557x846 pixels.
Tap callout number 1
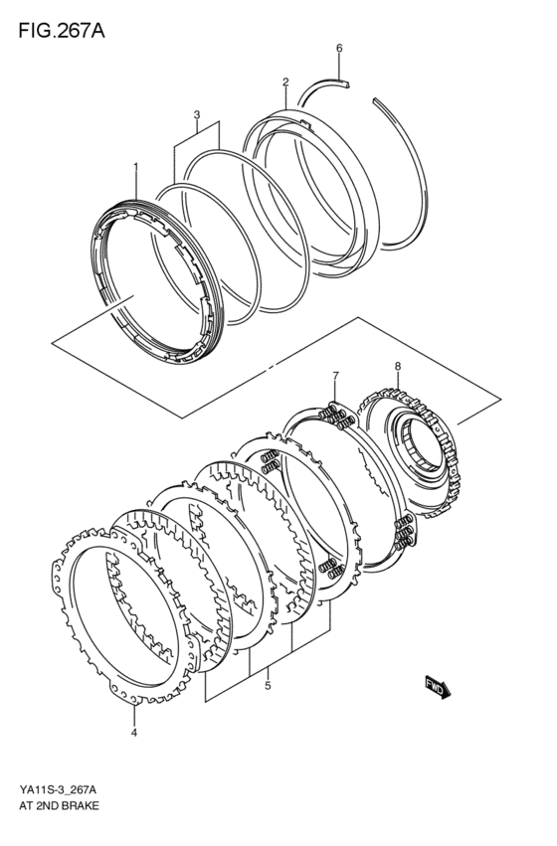click(x=136, y=167)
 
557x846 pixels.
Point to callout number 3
click(x=197, y=114)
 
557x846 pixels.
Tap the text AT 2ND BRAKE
click(x=57, y=806)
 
